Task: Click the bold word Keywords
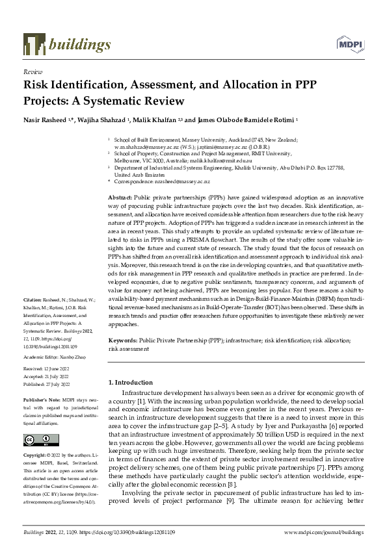click(x=122, y=340)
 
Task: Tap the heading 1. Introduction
click(x=131, y=383)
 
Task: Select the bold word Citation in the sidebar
click(x=32, y=311)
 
